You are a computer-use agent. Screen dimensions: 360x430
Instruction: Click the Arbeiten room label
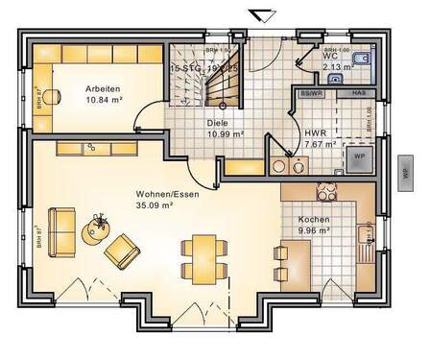click(101, 86)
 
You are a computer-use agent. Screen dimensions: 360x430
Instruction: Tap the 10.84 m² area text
click(105, 98)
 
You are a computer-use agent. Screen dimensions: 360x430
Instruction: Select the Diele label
click(217, 123)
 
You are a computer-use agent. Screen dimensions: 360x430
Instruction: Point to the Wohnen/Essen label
click(154, 193)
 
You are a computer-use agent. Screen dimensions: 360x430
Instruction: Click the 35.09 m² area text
click(154, 204)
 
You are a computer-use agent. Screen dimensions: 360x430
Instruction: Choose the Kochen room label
click(313, 219)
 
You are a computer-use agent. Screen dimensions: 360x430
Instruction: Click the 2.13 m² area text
click(340, 67)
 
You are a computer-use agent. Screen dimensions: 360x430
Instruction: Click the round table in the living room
click(97, 227)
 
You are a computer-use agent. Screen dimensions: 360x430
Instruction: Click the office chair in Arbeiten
click(51, 93)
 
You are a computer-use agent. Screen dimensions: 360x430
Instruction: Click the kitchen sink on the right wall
click(364, 233)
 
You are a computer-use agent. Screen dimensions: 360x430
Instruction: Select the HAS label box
click(358, 93)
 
